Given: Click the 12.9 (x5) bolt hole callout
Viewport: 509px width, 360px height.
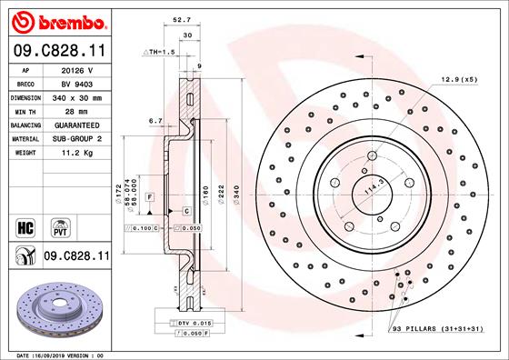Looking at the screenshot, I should tap(459, 81).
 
